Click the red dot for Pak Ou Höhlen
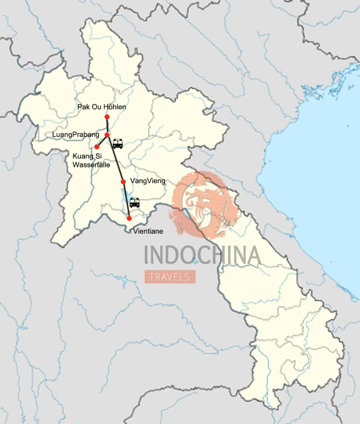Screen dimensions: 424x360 107,117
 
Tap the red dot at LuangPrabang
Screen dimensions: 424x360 107,135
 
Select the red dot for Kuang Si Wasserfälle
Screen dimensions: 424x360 97,147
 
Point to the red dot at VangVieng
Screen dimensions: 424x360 123,181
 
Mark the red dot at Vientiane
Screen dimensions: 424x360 129,218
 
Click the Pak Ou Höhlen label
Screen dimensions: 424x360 101,108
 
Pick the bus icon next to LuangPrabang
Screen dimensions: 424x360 118,144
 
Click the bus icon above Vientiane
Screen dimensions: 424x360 134,202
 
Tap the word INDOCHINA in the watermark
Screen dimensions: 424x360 202,255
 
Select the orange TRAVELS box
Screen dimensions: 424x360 170,277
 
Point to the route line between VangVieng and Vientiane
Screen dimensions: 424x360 126,199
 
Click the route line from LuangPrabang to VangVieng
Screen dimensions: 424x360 115,159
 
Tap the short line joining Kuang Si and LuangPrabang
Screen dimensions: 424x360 102,141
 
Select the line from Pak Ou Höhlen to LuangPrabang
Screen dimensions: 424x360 107,126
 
